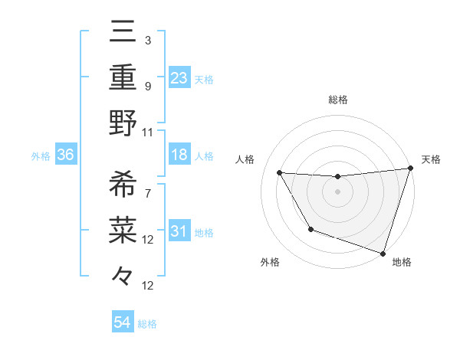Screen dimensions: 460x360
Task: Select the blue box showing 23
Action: pyautogui.click(x=179, y=78)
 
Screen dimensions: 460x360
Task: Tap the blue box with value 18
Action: pyautogui.click(x=179, y=155)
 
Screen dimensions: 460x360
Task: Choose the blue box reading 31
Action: pyautogui.click(x=179, y=231)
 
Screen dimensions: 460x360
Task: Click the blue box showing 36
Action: pyautogui.click(x=66, y=155)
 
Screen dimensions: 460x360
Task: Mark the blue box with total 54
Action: pyautogui.click(x=123, y=322)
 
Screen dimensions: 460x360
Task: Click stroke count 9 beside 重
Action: pyautogui.click(x=148, y=86)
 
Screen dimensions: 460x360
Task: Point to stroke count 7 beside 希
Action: pyautogui.click(x=148, y=193)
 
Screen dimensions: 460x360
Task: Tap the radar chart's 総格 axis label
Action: pyautogui.click(x=337, y=100)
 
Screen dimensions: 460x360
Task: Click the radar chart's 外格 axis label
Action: pyautogui.click(x=270, y=262)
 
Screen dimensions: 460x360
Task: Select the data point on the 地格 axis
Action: pyautogui.click(x=383, y=253)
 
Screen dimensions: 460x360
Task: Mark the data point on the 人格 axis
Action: pyautogui.click(x=280, y=173)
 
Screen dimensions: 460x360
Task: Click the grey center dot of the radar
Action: pyautogui.click(x=337, y=191)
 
